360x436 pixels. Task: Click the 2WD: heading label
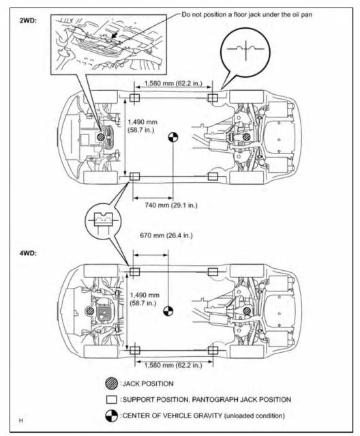click(28, 20)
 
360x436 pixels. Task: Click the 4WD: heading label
click(28, 253)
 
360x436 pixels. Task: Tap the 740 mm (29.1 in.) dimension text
click(171, 205)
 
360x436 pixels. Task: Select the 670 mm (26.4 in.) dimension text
click(166, 235)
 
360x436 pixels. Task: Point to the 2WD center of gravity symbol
click(173, 137)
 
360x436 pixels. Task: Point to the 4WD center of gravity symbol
click(168, 311)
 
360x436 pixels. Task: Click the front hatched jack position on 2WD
click(100, 137)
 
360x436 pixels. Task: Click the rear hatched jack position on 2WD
click(246, 137)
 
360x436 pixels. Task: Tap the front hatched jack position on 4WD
click(90, 311)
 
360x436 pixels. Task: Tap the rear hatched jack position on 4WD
click(247, 311)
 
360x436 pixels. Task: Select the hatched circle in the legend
click(112, 383)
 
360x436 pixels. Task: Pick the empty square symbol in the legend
click(112, 400)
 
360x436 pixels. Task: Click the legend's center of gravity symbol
click(112, 416)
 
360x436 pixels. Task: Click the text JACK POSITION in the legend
click(148, 383)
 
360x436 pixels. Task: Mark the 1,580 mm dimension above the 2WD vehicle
click(173, 83)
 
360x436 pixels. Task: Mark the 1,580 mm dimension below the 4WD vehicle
click(173, 365)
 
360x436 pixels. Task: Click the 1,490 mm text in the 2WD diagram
click(142, 121)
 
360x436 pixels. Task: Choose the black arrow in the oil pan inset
click(114, 35)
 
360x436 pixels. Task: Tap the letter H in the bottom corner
click(21, 420)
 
